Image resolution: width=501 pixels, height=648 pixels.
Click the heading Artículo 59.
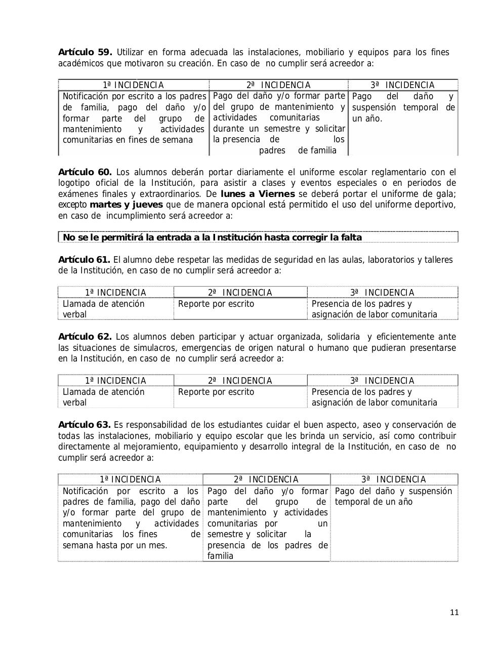[x=85, y=53]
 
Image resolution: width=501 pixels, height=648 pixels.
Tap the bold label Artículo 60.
[x=85, y=172]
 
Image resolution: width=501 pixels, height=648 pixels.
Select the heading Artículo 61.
[x=84, y=260]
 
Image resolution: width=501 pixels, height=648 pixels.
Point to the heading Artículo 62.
[x=85, y=337]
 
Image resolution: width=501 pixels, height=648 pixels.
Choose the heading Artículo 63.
[x=84, y=425]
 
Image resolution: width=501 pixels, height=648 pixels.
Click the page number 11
[x=454, y=613]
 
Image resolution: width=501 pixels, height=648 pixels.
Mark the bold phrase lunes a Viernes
[x=258, y=194]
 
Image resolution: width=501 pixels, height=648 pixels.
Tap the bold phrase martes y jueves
[x=126, y=205]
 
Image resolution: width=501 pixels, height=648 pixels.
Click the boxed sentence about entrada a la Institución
[x=212, y=237]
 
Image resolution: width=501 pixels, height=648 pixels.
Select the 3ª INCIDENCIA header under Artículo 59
[x=402, y=85]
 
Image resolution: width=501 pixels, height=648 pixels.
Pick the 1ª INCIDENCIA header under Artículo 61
[x=115, y=293]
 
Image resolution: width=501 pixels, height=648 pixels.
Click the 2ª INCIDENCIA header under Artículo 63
[x=266, y=479]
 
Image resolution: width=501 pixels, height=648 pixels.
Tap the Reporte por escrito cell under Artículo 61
[x=216, y=304]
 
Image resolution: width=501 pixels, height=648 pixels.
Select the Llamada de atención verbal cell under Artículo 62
[x=104, y=397]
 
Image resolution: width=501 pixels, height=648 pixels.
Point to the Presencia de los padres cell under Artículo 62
[x=374, y=397]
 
